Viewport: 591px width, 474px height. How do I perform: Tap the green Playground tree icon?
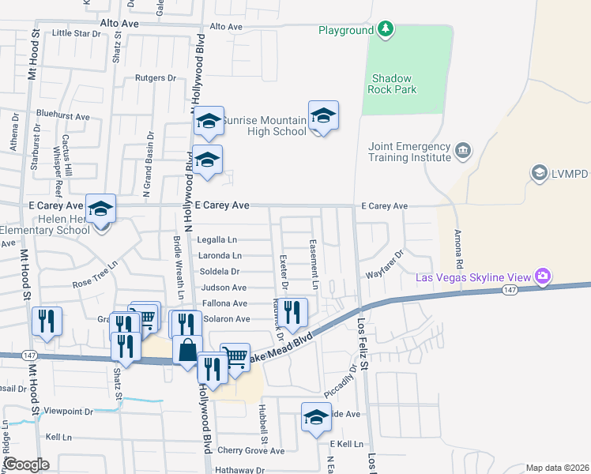pyautogui.click(x=386, y=30)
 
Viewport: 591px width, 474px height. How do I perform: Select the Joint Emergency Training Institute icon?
pyautogui.click(x=463, y=149)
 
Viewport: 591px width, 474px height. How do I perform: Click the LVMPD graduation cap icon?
pyautogui.click(x=540, y=172)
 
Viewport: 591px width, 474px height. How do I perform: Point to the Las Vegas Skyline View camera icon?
pyautogui.click(x=543, y=276)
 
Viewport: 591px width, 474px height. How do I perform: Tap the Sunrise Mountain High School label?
pyautogui.click(x=263, y=126)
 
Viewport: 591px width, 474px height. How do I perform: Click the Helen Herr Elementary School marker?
pyautogui.click(x=101, y=209)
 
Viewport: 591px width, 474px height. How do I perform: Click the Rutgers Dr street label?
pyautogui.click(x=155, y=78)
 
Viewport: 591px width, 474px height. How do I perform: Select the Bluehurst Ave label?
pyautogui.click(x=62, y=116)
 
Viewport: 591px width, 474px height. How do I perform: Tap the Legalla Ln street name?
pyautogui.click(x=217, y=239)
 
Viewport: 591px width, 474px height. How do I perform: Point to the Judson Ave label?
pyautogui.click(x=224, y=288)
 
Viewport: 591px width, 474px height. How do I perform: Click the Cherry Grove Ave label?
pyautogui.click(x=250, y=451)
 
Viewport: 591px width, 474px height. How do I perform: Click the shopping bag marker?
pyautogui.click(x=188, y=350)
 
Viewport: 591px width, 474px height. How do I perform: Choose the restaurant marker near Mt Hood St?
pyautogui.click(x=47, y=321)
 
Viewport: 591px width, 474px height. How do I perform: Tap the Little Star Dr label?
pyautogui.click(x=77, y=34)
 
